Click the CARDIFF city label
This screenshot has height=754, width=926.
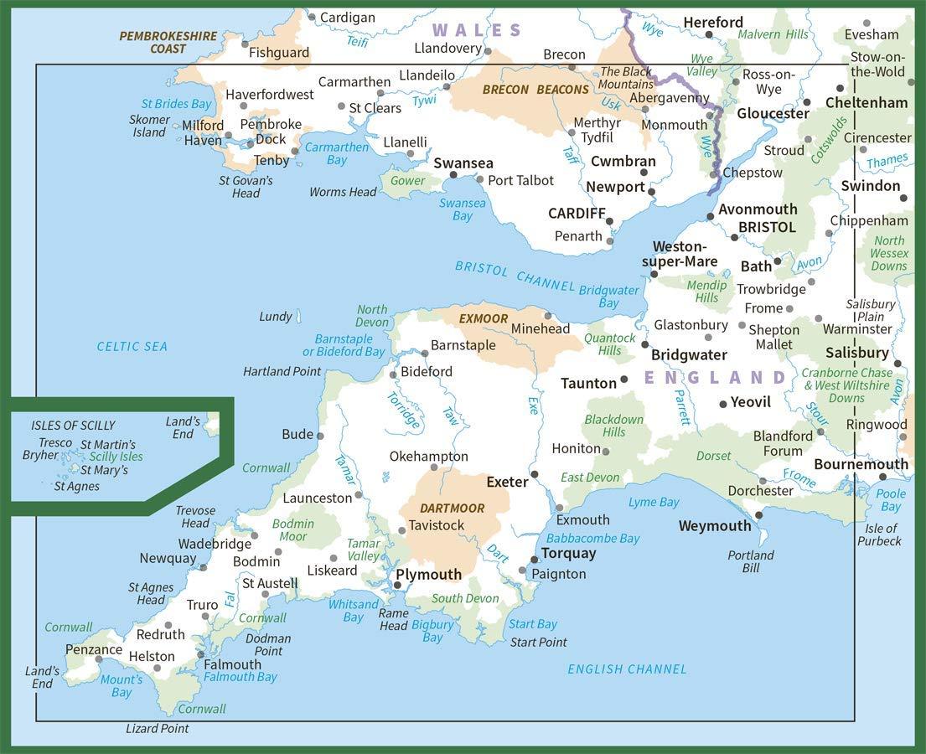[x=577, y=213]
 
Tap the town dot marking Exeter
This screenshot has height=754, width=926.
[x=535, y=475]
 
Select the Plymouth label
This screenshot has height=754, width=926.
[x=428, y=574]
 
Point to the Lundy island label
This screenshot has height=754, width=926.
[x=275, y=317]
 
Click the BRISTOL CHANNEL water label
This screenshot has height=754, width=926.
[x=504, y=276]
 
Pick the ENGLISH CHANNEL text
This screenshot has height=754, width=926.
[x=627, y=669]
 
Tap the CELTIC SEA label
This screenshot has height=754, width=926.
[x=132, y=346]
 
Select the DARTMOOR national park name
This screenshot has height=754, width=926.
[x=453, y=509]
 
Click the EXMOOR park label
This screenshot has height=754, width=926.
[x=484, y=318]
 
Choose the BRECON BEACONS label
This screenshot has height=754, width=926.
[x=535, y=90]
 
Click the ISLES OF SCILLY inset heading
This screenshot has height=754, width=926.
[x=73, y=426]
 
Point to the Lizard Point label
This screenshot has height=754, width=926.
[x=157, y=729]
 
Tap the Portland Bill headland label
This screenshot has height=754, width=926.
[x=751, y=561]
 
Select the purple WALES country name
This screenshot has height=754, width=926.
[x=477, y=31]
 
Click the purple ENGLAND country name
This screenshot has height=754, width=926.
[x=715, y=378]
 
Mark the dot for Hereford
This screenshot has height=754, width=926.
[x=709, y=35]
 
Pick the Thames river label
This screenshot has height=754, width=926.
[x=887, y=159]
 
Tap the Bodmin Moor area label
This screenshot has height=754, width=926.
[x=293, y=530]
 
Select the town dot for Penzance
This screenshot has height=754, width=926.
[x=99, y=659]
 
